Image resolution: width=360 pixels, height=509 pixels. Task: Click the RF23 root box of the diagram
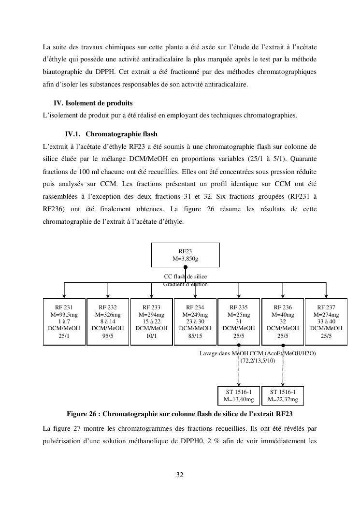pyautogui.click(x=186, y=255)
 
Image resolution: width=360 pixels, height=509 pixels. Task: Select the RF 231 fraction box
pyautogui.click(x=64, y=321)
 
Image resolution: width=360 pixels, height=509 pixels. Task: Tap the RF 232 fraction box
pyautogui.click(x=108, y=321)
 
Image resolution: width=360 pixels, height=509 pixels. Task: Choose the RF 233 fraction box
pyautogui.click(x=151, y=321)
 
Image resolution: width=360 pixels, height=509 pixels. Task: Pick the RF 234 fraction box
pyautogui.click(x=195, y=321)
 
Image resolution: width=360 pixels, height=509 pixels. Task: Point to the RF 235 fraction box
pyautogui.click(x=239, y=321)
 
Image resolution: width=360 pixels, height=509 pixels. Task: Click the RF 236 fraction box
pyautogui.click(x=283, y=321)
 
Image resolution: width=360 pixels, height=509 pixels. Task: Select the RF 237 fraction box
pyautogui.click(x=326, y=321)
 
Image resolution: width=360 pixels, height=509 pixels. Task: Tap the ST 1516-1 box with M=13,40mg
pyautogui.click(x=239, y=395)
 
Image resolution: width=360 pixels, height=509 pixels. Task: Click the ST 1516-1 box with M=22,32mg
pyautogui.click(x=283, y=395)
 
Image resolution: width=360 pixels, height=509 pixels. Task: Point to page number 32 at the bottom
pyautogui.click(x=180, y=475)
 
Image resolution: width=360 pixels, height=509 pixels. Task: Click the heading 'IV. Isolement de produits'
pyautogui.click(x=93, y=103)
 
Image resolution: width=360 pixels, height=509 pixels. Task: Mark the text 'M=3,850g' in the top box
pyautogui.click(x=186, y=259)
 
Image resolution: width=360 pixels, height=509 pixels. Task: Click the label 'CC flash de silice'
pyautogui.click(x=185, y=276)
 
